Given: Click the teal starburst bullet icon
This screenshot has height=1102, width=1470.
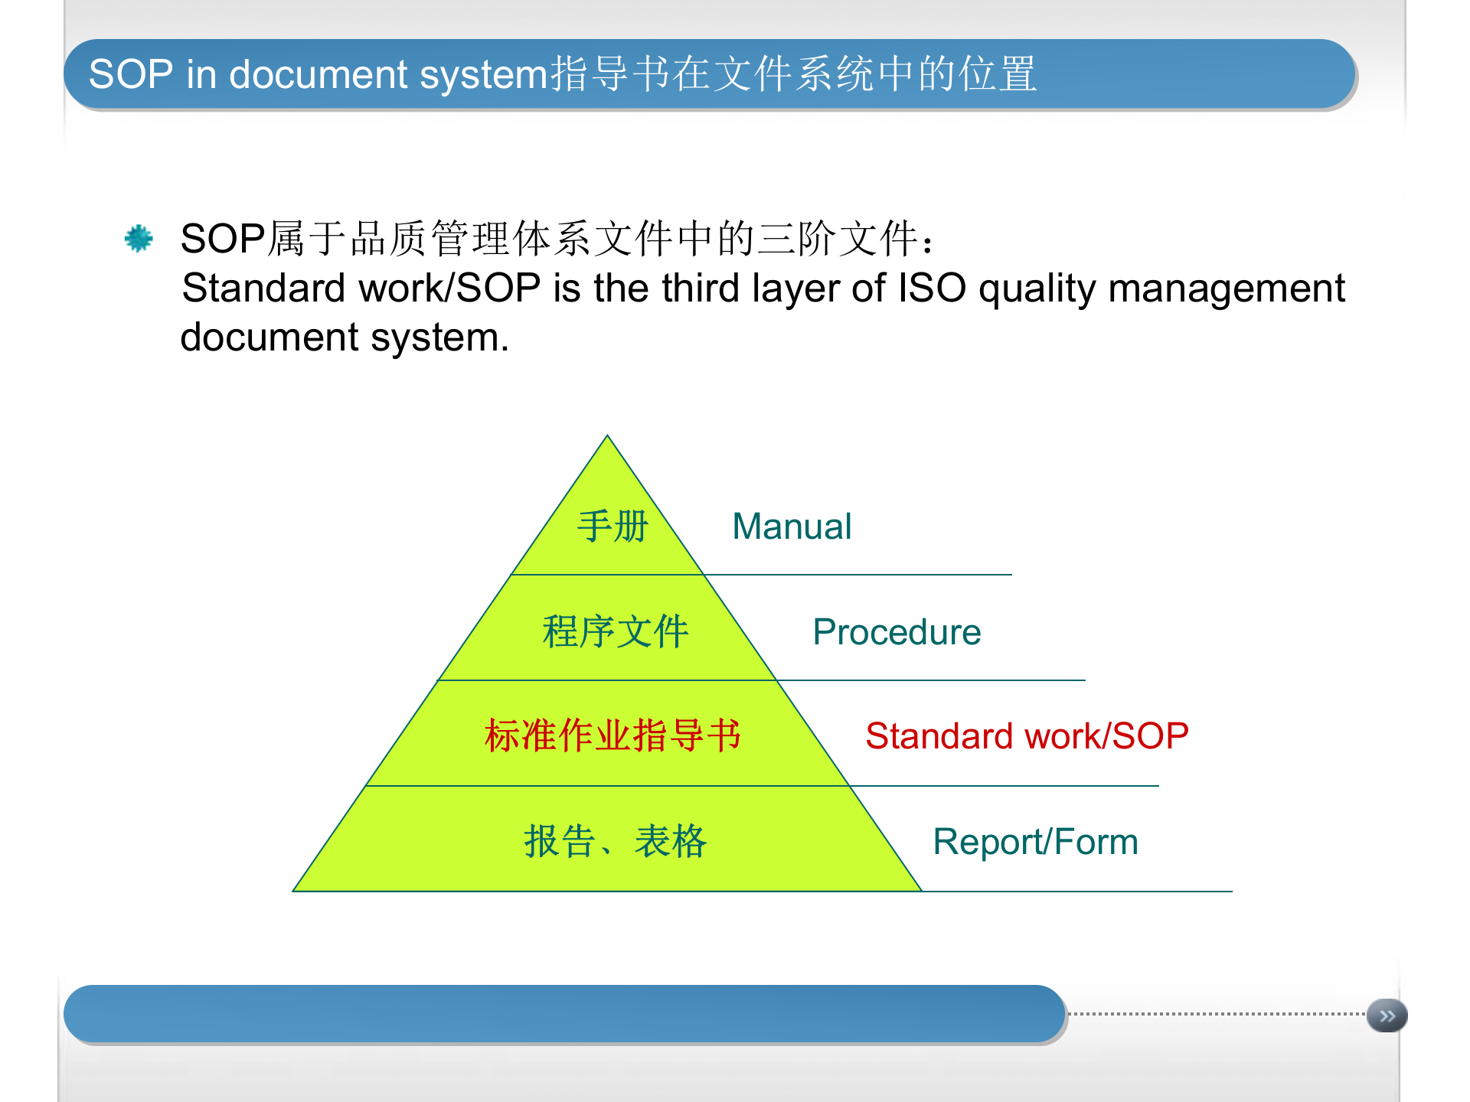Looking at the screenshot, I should click(139, 239).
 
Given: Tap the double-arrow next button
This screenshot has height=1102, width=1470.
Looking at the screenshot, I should click(1387, 1016).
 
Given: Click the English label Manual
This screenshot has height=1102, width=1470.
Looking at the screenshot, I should click(792, 527).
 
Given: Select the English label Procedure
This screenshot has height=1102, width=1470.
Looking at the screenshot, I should click(897, 632).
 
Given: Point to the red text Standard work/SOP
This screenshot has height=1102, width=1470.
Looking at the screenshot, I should click(1027, 736).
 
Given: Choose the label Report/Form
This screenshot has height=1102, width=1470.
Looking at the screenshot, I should click(1035, 842).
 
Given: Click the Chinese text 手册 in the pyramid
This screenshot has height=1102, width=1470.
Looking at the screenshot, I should click(612, 527).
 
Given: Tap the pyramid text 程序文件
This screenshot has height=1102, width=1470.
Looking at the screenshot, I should click(616, 632).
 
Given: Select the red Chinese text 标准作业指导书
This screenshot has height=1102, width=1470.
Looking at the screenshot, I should click(612, 736).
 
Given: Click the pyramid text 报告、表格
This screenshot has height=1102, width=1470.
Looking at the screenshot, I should click(616, 842).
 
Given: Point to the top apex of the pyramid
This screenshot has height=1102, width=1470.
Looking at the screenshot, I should click(607, 437).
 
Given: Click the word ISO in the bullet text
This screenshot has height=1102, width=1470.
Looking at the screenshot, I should click(932, 289).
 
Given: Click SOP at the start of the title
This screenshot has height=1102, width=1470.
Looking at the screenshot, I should click(131, 75).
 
